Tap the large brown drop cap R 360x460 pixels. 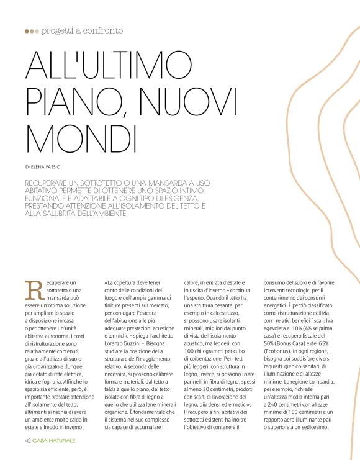32,289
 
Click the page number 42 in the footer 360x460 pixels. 29,440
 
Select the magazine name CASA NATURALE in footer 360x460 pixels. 55,440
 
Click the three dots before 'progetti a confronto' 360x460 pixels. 32,30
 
